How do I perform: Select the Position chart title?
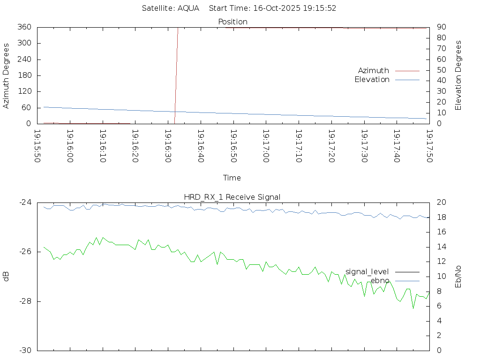(x=232, y=22)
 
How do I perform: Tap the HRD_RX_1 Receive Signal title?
(x=232, y=197)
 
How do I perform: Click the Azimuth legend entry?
(x=374, y=71)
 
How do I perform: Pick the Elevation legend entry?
(x=372, y=80)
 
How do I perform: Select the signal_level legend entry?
(x=367, y=272)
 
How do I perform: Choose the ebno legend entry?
(x=380, y=281)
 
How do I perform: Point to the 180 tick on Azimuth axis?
(x=24, y=75)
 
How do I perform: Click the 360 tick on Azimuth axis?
(x=24, y=27)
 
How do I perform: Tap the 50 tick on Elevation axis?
(x=441, y=70)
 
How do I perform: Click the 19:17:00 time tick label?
(x=266, y=146)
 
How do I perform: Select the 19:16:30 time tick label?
(x=167, y=146)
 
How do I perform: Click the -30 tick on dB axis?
(x=25, y=351)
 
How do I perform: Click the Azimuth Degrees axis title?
(x=6, y=75)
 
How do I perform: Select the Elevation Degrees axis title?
(x=458, y=75)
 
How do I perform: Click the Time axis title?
(x=232, y=178)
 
